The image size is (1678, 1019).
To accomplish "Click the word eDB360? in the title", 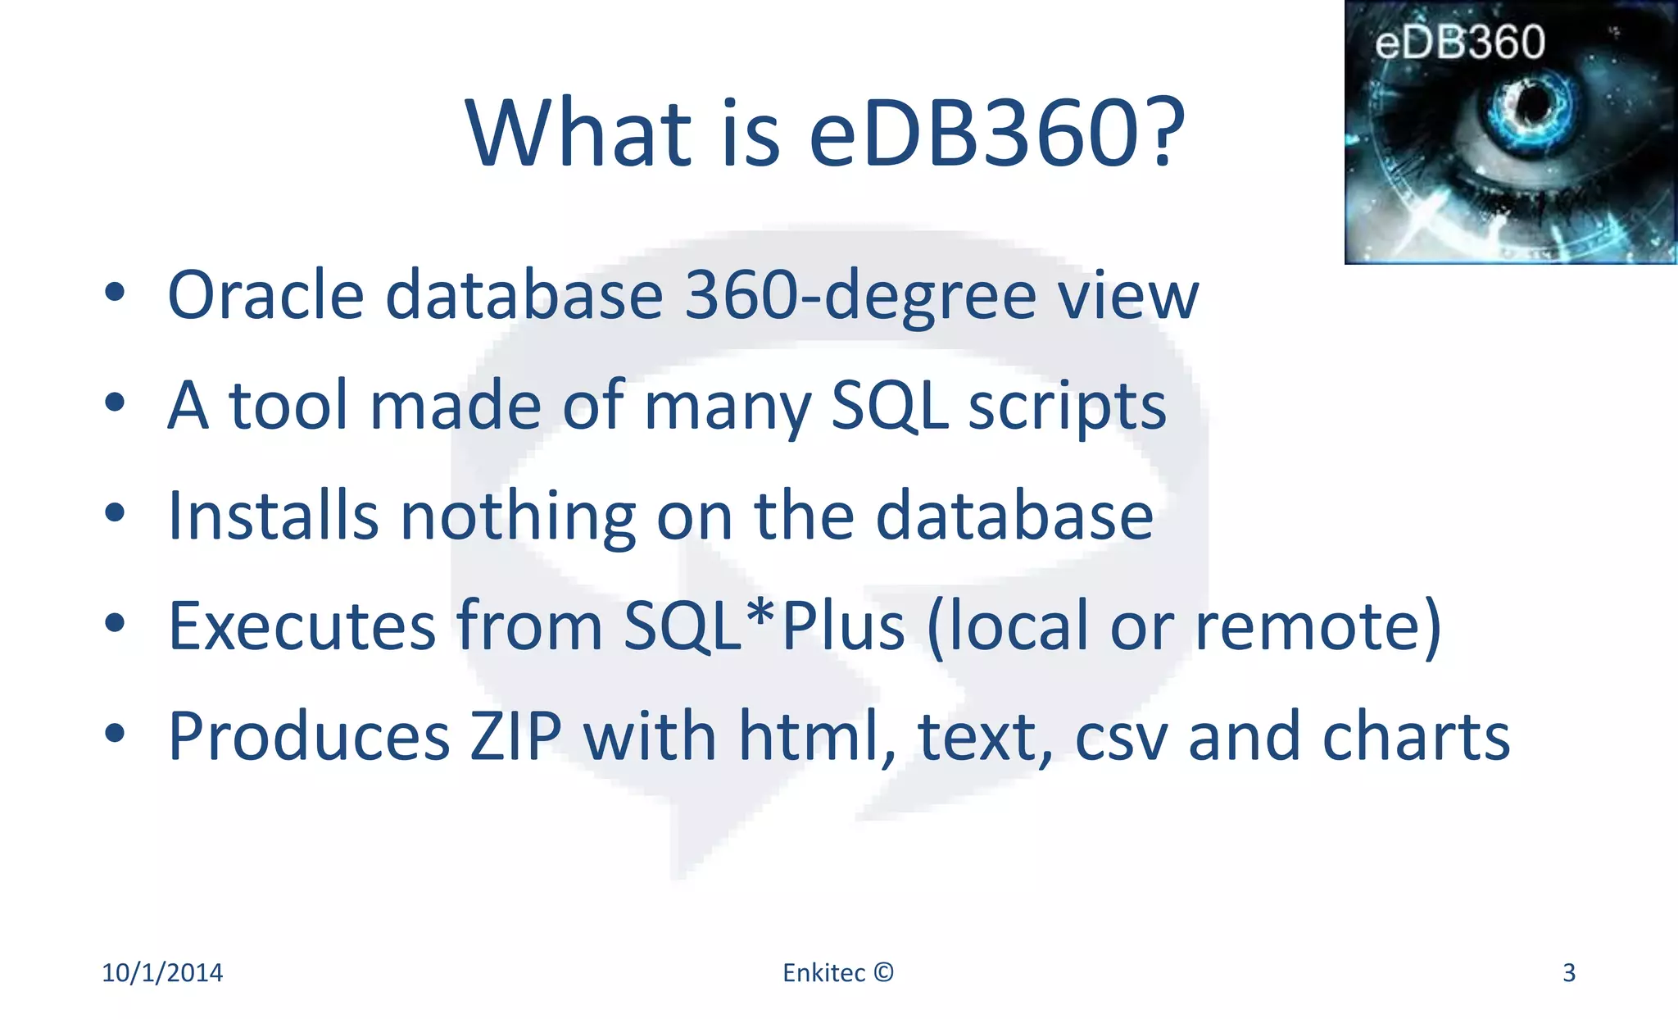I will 996,133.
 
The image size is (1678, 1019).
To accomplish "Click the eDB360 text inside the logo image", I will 1459,43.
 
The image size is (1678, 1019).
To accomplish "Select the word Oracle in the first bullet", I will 265,295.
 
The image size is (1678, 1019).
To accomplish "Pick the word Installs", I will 273,516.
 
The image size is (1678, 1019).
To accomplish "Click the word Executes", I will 302,626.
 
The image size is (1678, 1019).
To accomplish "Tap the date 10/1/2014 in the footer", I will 162,973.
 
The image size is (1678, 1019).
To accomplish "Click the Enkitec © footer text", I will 838,973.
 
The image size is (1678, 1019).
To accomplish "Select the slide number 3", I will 1569,973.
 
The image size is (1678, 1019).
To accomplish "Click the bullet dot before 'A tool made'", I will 115,403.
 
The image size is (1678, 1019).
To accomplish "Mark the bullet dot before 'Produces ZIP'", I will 115,732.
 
